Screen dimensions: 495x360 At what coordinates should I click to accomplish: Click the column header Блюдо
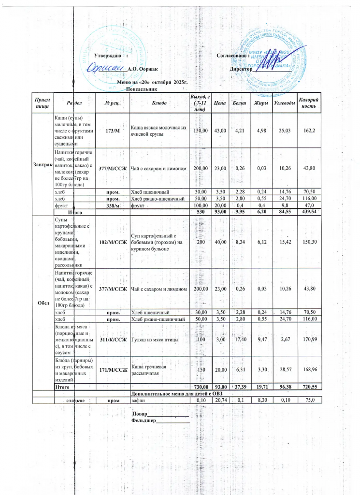[x=159, y=103]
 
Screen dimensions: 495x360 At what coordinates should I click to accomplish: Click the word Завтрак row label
[x=43, y=165]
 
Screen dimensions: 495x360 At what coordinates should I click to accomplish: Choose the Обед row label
[x=43, y=303]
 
